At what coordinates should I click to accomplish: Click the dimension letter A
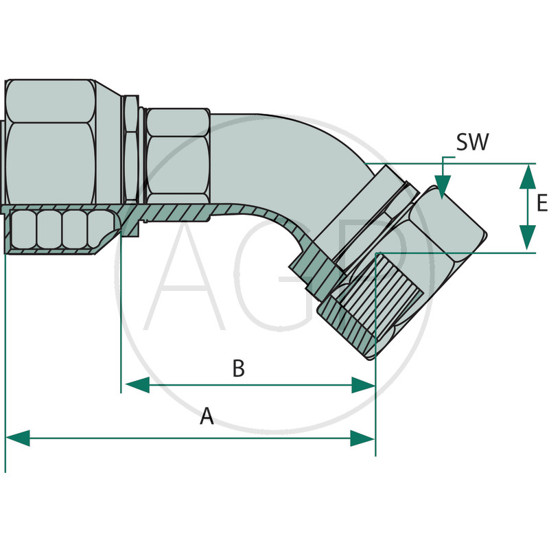[x=207, y=416]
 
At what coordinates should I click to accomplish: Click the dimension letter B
[x=238, y=369]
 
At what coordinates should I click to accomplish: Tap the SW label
[x=472, y=143]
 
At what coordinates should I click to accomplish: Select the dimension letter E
[x=541, y=204]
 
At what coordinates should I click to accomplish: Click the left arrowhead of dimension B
[x=135, y=385]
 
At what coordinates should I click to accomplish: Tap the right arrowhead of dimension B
[x=363, y=385]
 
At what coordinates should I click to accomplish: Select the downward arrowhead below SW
[x=443, y=187]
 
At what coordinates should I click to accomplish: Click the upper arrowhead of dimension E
[x=527, y=176]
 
